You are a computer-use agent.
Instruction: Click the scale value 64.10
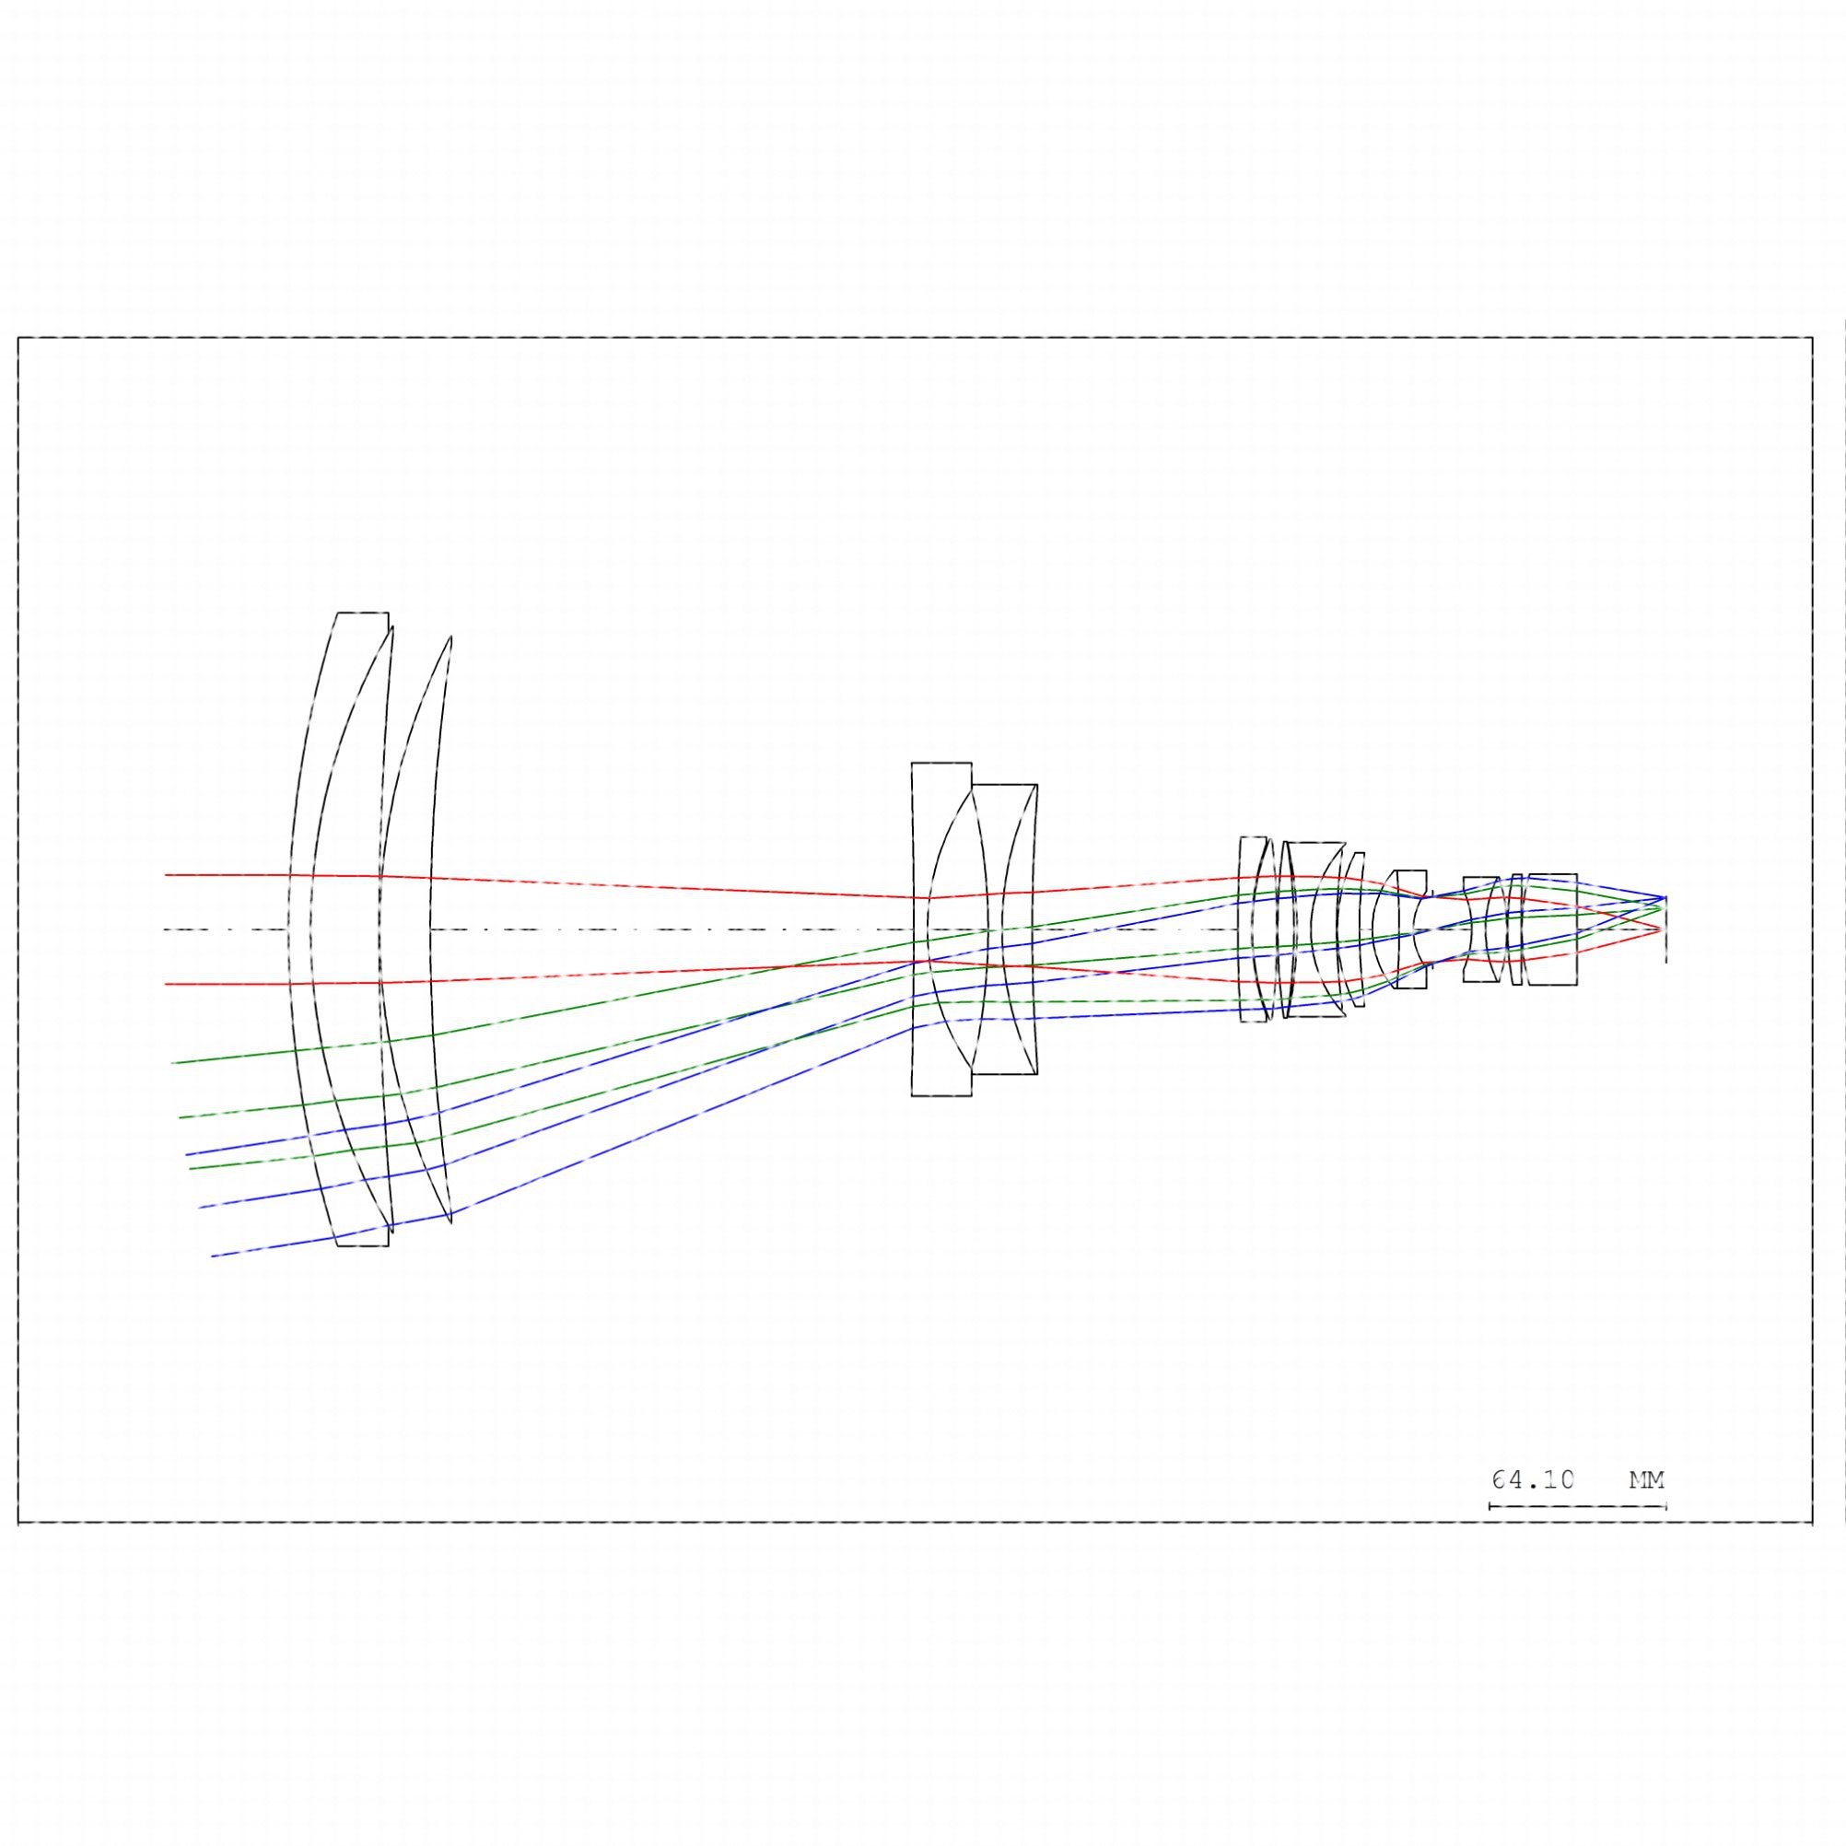click(x=1533, y=1480)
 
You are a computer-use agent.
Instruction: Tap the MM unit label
click(x=1646, y=1480)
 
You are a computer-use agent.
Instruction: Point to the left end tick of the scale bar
click(x=1490, y=1507)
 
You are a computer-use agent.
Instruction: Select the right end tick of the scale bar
click(x=1666, y=1507)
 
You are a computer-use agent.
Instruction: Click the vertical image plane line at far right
click(x=1666, y=929)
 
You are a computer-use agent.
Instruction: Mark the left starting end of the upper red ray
click(x=165, y=874)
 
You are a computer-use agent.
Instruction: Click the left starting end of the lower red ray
click(x=165, y=983)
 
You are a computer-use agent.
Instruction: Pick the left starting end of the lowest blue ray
click(x=212, y=1256)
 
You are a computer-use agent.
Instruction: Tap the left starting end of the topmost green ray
click(x=172, y=1062)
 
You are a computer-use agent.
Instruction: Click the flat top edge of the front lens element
click(x=363, y=613)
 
